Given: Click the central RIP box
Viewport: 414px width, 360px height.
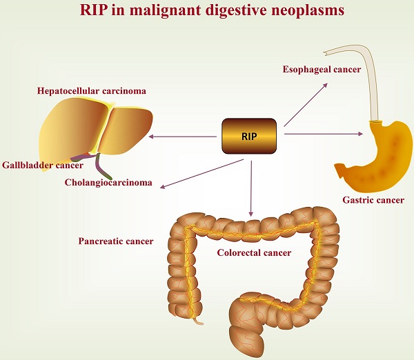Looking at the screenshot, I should coord(249,137).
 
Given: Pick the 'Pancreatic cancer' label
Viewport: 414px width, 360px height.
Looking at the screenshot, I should coord(115,241).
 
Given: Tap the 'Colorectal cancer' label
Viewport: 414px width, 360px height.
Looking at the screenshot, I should coord(254,252).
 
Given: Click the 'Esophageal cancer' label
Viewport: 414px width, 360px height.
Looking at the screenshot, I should coord(322,70).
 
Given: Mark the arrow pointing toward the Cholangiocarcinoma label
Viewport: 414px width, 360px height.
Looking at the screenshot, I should coord(200,172).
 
